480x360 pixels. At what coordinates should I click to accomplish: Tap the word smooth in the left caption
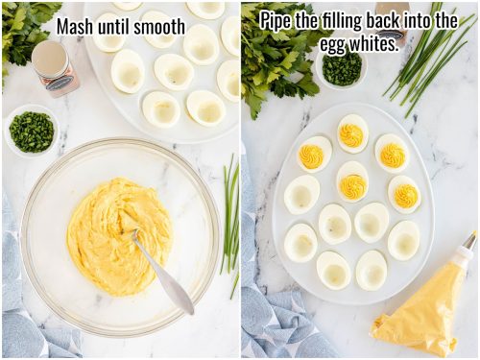[x=158, y=26]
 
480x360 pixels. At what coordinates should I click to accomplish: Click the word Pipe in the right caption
[x=276, y=20]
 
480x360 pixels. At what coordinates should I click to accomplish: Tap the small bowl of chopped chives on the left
[x=32, y=132]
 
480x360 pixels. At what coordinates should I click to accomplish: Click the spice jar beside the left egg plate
[x=55, y=67]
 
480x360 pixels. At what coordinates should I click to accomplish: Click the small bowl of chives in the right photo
[x=342, y=68]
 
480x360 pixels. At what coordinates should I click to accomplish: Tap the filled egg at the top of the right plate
[x=352, y=133]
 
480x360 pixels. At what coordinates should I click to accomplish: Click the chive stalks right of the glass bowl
[x=230, y=216]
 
